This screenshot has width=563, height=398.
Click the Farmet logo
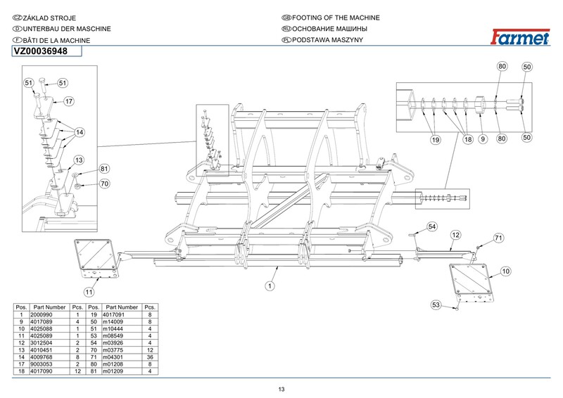pos(520,37)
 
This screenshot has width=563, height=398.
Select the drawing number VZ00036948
pos(41,51)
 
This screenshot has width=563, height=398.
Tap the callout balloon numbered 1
pos(270,286)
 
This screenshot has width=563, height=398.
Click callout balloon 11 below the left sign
pos(89,292)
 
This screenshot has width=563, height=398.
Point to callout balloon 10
pos(505,271)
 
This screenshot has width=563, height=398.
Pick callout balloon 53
pos(436,305)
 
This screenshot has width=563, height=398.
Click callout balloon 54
pos(432,227)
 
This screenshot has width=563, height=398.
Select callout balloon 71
pos(498,238)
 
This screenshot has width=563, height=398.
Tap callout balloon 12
pos(455,235)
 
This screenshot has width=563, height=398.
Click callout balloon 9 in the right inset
pos(483,139)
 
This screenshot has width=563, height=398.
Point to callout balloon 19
pos(435,140)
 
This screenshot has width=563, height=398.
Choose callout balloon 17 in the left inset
pos(69,101)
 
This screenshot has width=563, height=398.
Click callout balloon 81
pos(104,169)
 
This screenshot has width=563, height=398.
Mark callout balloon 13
pos(79,160)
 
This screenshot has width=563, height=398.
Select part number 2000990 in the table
pos(42,315)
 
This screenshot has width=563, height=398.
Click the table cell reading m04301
pos(113,357)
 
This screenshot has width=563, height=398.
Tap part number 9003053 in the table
pos(42,364)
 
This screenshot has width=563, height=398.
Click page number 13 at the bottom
pos(281,390)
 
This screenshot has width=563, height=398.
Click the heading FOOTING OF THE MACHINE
pos(336,18)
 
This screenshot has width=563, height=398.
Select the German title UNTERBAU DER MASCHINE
pos(67,29)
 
